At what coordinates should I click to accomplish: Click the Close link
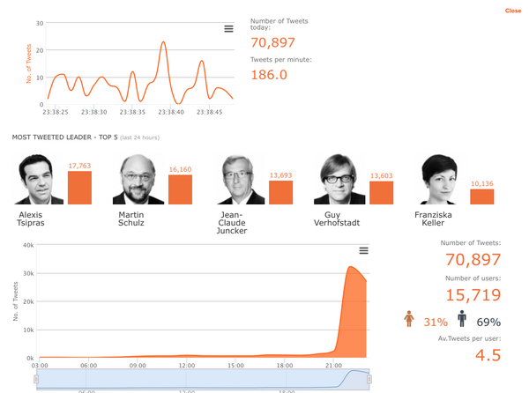[x=513, y=11]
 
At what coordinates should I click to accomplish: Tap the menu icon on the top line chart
[x=228, y=29]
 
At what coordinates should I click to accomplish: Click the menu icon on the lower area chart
[x=363, y=251]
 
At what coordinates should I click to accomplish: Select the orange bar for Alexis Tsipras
[x=79, y=188]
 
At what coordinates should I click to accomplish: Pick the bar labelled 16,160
[x=180, y=189]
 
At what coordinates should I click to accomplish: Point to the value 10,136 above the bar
[x=482, y=184]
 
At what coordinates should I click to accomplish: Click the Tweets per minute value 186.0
[x=269, y=75]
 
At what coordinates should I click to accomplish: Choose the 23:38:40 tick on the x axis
[x=170, y=112]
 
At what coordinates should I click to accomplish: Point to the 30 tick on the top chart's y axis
[x=40, y=23]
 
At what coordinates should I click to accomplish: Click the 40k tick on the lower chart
[x=27, y=245]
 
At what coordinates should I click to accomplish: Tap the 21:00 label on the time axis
[x=334, y=365]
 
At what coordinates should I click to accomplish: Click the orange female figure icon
[x=408, y=319]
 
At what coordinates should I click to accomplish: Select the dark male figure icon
[x=461, y=319]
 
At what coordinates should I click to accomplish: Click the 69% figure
[x=488, y=323]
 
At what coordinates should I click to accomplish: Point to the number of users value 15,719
[x=473, y=295]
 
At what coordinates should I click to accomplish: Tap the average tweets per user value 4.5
[x=488, y=355]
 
